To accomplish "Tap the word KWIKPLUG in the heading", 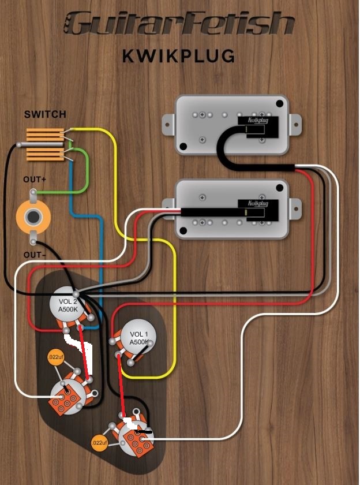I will click(179, 56).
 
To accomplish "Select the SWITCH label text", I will click(45, 114).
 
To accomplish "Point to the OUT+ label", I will click(35, 180).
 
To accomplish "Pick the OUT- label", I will click(35, 254).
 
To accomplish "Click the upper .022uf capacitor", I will click(55, 356).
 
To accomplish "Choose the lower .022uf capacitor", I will click(99, 443).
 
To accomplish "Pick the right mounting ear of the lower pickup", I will click(295, 206).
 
